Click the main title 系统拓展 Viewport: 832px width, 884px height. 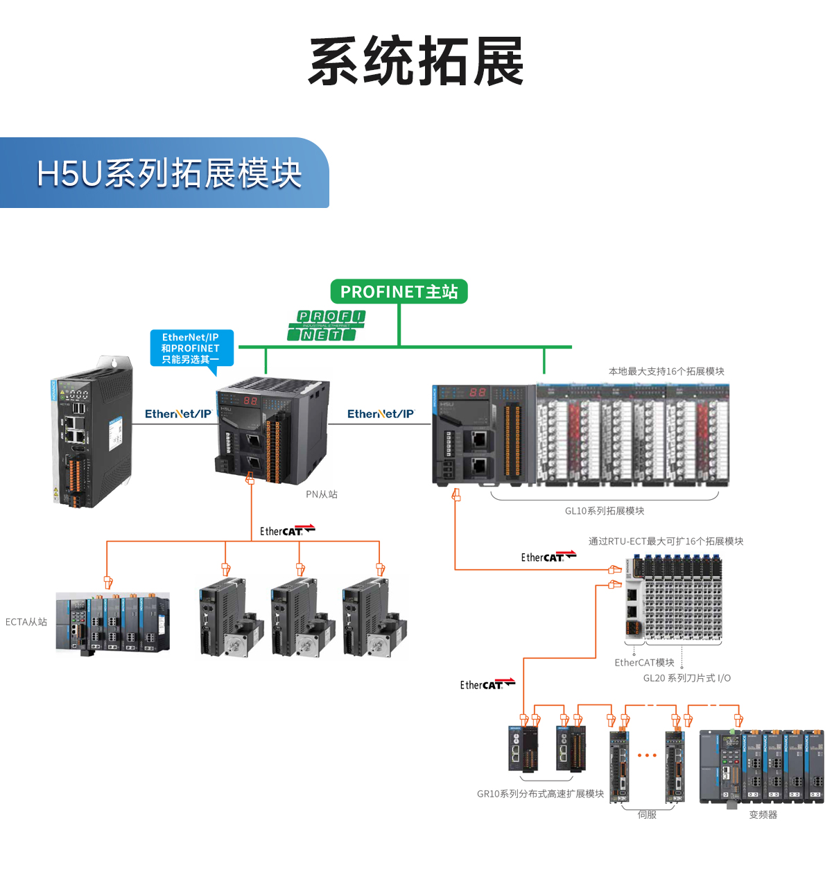coord(416,62)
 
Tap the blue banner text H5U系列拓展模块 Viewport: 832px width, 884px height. coord(169,173)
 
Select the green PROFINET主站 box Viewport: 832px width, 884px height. coord(399,292)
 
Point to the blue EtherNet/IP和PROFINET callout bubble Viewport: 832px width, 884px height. coord(191,348)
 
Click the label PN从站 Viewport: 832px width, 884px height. coord(322,494)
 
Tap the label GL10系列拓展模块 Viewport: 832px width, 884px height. coord(604,511)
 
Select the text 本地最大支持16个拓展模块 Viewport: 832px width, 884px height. coord(666,372)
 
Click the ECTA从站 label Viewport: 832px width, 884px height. coord(26,622)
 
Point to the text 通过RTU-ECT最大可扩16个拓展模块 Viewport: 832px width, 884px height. coord(666,541)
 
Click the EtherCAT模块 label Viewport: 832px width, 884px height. coord(644,663)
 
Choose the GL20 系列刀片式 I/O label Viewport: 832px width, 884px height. coord(686,678)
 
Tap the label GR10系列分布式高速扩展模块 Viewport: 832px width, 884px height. coord(540,794)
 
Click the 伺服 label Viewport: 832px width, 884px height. coord(647,815)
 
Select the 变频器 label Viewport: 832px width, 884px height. coord(763,815)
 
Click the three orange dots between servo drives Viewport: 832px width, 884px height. coord(647,756)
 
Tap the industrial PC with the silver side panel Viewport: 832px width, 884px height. coord(90,433)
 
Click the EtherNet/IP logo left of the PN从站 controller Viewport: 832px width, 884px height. coord(178,414)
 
